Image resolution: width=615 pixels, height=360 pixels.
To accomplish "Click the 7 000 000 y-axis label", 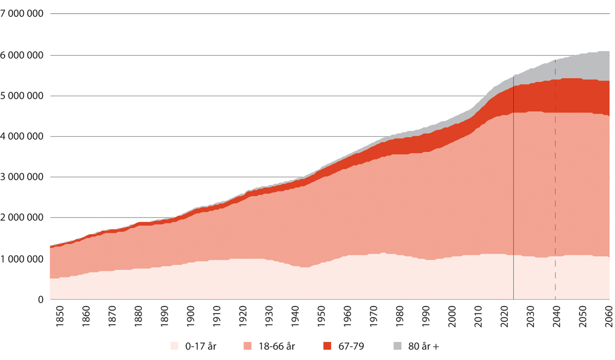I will (x=22, y=14).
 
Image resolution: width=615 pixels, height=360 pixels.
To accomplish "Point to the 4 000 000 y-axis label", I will (x=22, y=136).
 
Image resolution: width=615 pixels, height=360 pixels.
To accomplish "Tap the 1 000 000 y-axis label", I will (x=22, y=259).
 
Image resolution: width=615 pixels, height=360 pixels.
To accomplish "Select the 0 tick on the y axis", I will (x=40, y=300).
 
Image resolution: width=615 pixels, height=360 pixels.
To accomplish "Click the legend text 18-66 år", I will (x=277, y=347).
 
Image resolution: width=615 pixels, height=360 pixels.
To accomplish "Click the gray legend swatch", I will (x=397, y=347).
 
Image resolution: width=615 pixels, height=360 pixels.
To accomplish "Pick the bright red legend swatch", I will (x=327, y=347).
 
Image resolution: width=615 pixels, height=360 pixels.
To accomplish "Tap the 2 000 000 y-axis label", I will (x=22, y=218).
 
